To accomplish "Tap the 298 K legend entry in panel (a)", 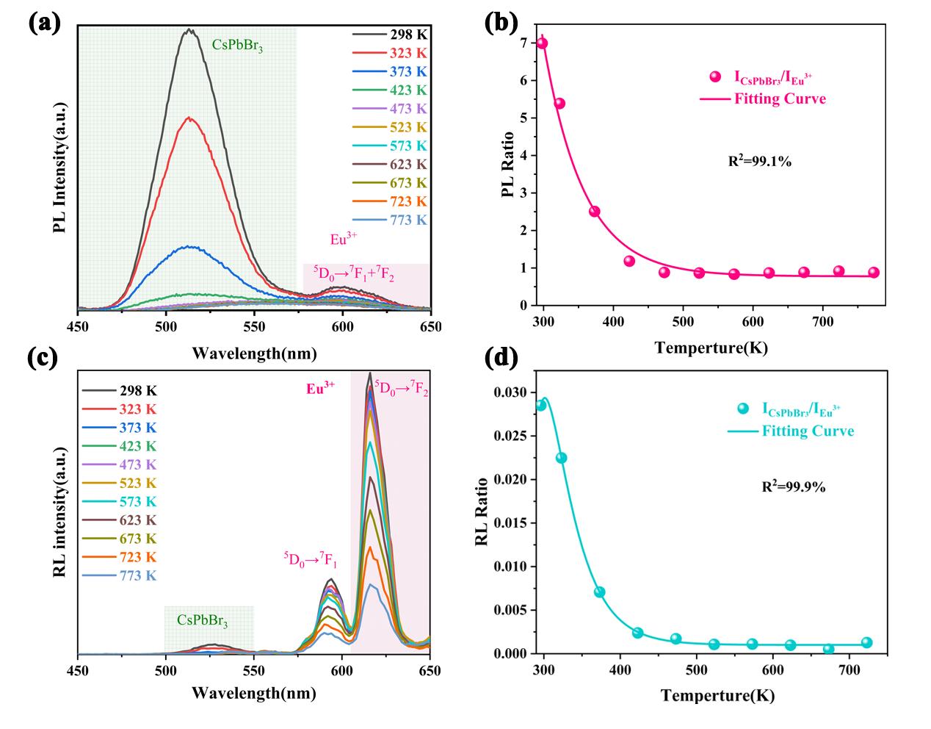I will (389, 35).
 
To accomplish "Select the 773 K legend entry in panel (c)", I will (119, 576).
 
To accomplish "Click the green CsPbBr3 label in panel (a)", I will (237, 46).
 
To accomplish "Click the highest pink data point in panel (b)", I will (542, 43).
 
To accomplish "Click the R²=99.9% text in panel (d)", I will (794, 486).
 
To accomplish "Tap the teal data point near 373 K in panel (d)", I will (599, 592).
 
